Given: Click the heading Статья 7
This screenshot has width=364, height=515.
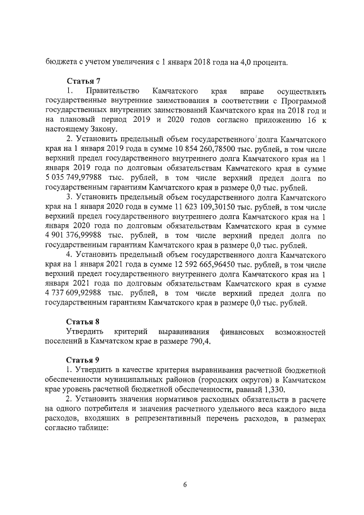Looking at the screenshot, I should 84,81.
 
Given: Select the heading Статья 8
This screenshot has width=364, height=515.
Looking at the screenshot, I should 84,321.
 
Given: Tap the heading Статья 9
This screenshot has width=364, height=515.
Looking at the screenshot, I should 84,360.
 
